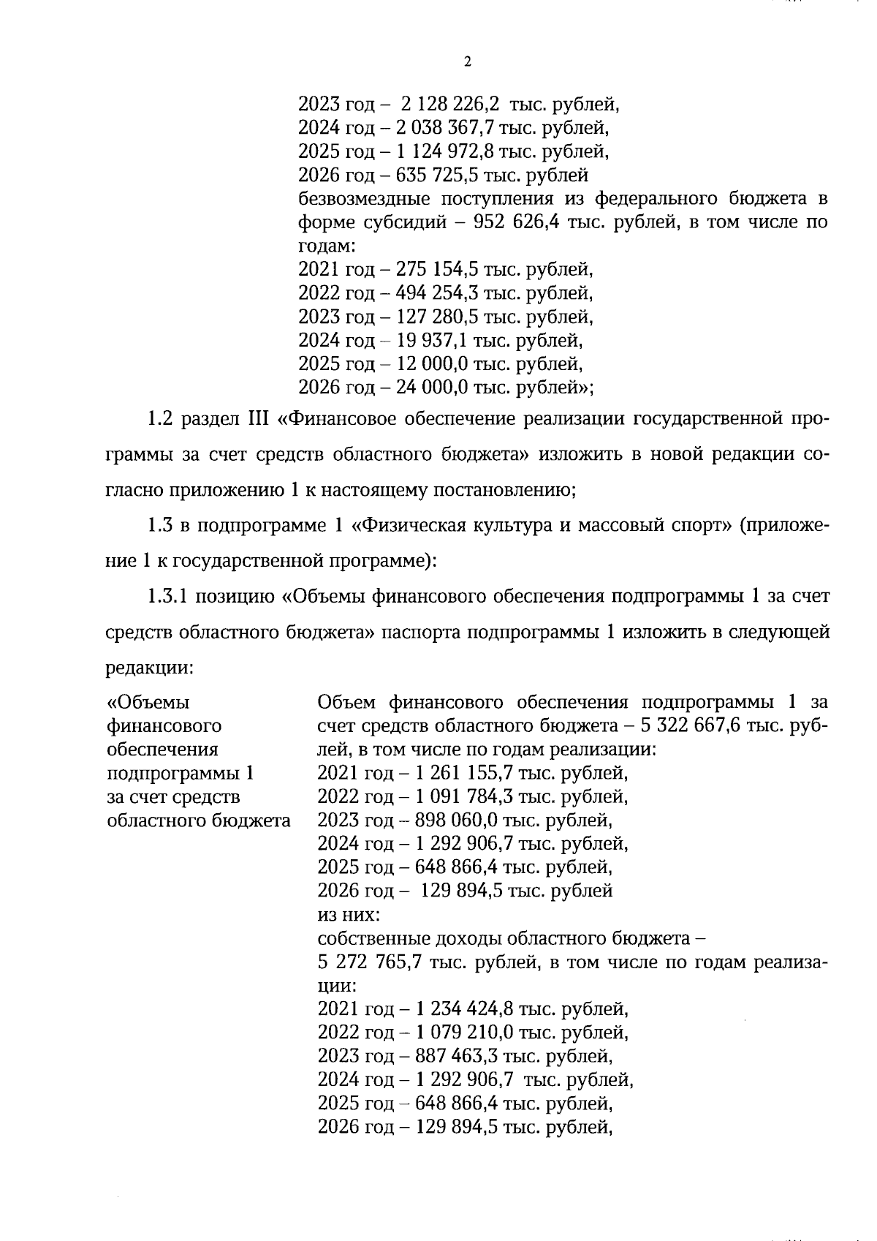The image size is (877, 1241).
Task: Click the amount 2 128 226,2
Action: [x=448, y=104]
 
